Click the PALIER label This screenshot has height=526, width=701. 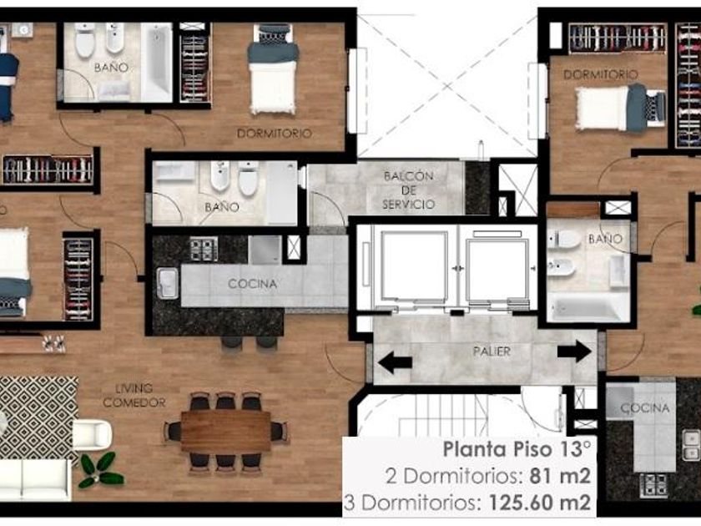coord(492,352)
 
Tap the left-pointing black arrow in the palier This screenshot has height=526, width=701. coord(395,362)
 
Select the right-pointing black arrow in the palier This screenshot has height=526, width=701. coord(574,352)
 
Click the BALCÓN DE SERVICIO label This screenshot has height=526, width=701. coord(409,190)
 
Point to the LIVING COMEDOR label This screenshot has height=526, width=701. coord(134,396)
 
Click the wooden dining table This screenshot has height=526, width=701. coord(226,431)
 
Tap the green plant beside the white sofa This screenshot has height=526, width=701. coord(100,470)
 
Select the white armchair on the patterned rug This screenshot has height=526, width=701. coord(92,434)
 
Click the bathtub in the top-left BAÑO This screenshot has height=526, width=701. coord(157,63)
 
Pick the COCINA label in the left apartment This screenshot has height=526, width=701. coord(252,284)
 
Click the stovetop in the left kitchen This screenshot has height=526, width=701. coord(204,249)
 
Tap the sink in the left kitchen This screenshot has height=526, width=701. coord(168,283)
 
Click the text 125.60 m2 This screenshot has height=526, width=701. coord(539,503)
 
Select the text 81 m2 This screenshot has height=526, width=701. coord(560,476)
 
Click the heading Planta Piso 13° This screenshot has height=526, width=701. coord(517,449)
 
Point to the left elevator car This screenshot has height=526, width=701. coord(414,266)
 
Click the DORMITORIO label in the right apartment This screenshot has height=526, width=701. coord(600,74)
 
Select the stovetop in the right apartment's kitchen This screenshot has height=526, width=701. coord(653,486)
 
